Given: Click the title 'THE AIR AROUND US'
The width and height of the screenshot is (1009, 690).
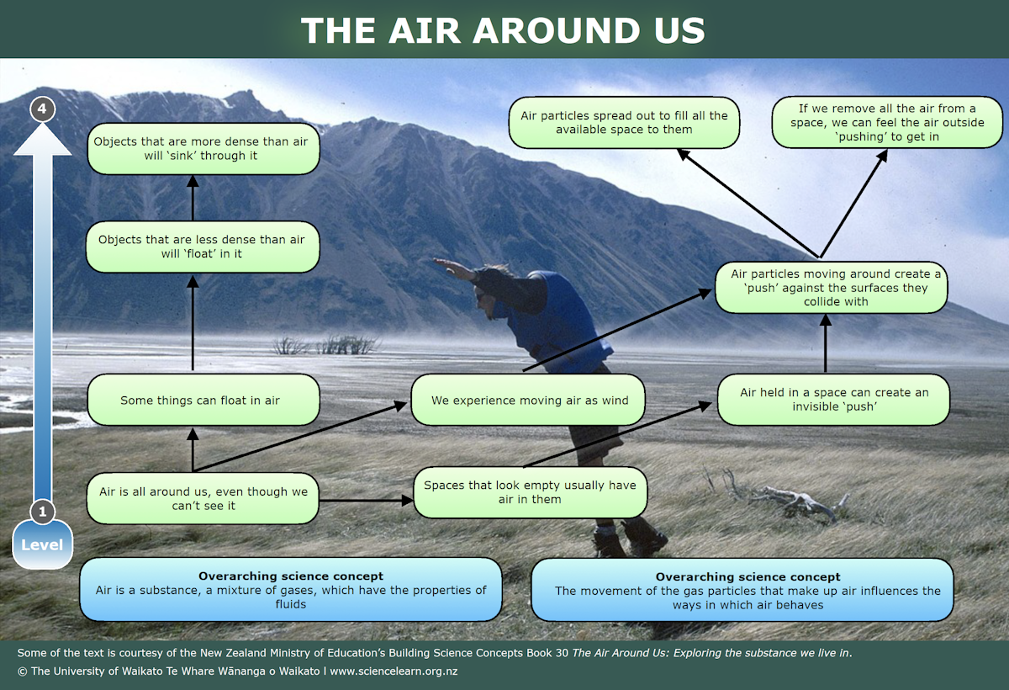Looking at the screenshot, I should [x=503, y=30].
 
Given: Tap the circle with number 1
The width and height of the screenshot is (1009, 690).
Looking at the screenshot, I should [x=42, y=511].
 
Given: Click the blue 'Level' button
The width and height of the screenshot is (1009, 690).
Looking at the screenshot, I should [x=42, y=544].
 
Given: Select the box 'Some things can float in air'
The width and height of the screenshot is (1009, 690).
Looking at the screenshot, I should [x=203, y=400].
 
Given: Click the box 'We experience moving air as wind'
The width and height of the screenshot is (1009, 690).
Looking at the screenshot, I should [x=529, y=400].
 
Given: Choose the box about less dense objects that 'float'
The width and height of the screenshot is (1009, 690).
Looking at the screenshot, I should [x=203, y=246].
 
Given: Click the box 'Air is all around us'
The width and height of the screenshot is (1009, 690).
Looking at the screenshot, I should [x=203, y=498].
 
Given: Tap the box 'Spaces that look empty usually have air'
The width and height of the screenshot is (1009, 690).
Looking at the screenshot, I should [x=529, y=492].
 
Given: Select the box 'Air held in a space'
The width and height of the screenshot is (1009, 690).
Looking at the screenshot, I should [x=833, y=399].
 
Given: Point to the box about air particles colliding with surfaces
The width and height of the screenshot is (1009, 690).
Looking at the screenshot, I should [x=832, y=287].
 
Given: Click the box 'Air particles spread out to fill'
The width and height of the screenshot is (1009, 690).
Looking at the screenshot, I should [x=623, y=122].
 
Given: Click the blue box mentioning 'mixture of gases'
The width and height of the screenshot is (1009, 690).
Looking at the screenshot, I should [x=290, y=589].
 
